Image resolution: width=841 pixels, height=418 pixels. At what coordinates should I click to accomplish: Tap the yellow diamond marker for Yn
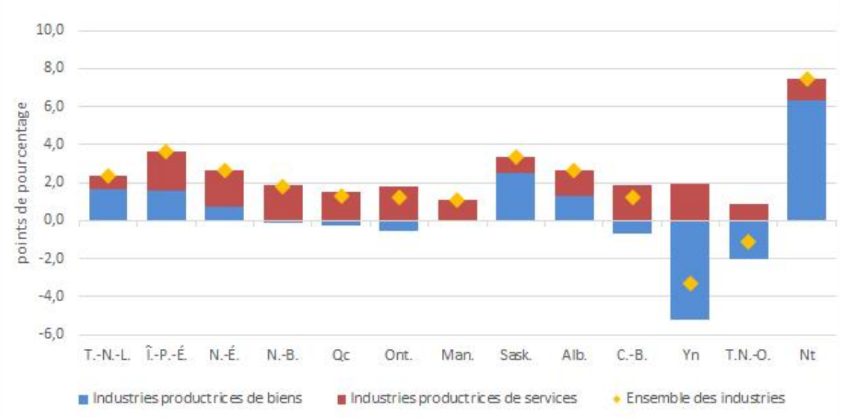689,283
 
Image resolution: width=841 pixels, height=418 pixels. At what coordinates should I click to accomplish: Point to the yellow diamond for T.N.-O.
748,241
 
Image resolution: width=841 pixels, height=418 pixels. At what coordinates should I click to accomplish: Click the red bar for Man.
457,210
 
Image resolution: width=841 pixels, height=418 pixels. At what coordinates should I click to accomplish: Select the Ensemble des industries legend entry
704,398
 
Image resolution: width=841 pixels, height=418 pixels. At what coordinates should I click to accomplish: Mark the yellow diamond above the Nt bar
806,78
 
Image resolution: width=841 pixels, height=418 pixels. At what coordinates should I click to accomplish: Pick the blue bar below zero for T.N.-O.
748,246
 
